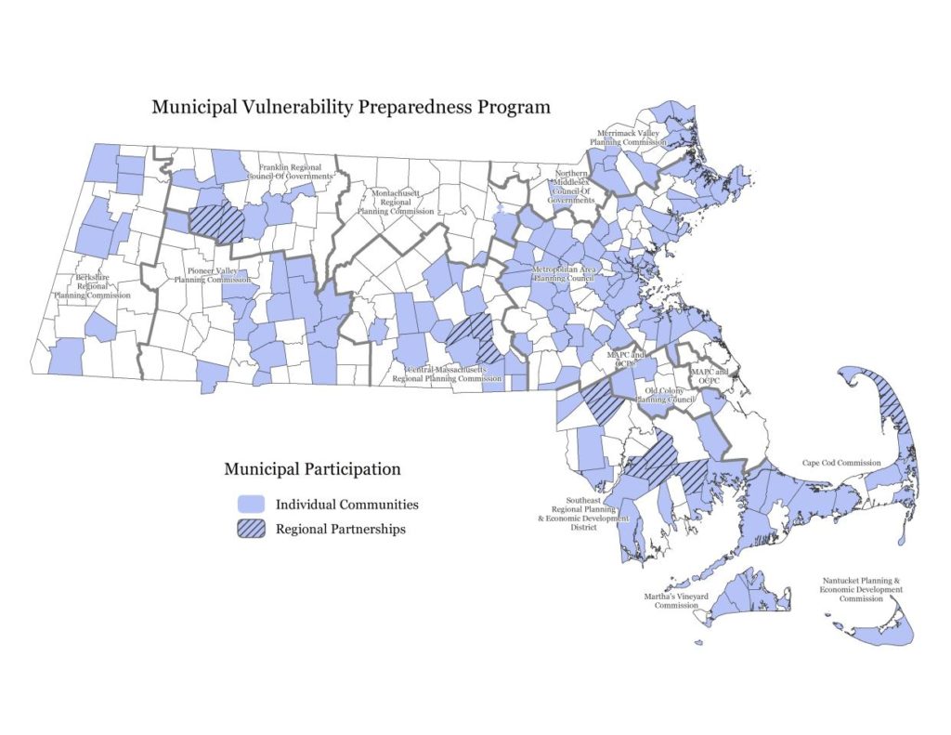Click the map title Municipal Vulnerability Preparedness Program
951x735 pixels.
(351, 107)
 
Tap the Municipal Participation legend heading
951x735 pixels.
(312, 469)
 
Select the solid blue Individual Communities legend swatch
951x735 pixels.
(250, 505)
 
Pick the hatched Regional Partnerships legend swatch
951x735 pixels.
(250, 529)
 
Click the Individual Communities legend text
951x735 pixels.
(346, 505)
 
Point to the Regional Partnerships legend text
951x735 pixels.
(341, 530)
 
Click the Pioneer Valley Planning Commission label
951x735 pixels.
(213, 274)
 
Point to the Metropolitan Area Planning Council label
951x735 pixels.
(563, 274)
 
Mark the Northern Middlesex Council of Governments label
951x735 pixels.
(571, 187)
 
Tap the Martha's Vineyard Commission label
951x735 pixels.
(676, 599)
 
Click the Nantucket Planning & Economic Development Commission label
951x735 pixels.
(861, 589)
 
